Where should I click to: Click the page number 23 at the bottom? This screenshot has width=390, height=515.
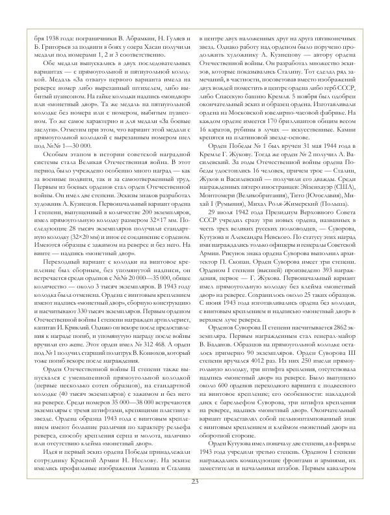coord(195,499)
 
